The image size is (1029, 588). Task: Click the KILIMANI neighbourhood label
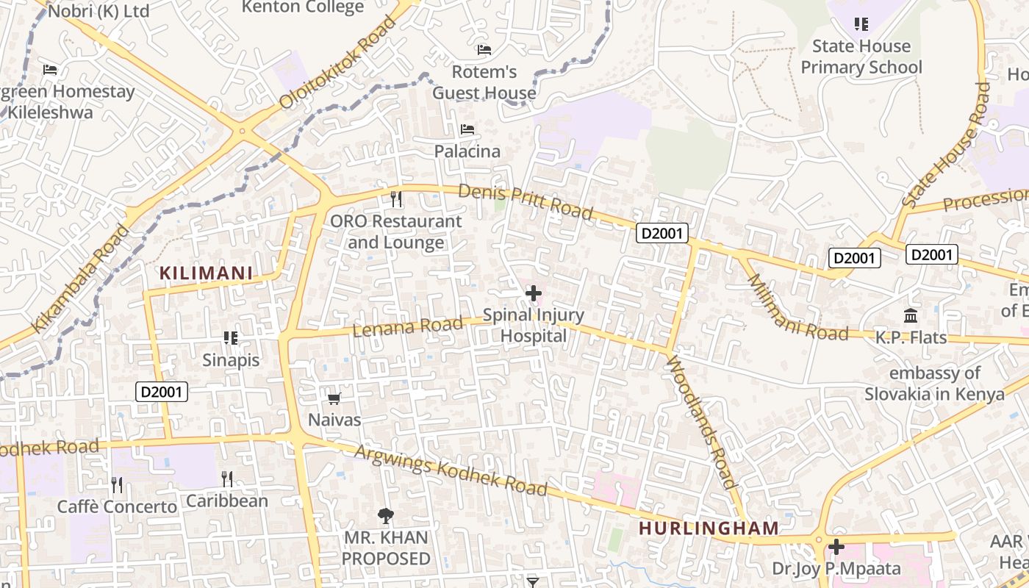[x=206, y=273]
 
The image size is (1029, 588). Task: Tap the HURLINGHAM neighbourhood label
[x=709, y=528]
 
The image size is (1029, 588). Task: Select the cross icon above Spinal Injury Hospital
[x=534, y=294]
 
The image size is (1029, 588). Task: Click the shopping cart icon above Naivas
[x=334, y=398]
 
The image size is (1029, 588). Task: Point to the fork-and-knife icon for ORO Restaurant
[x=396, y=199]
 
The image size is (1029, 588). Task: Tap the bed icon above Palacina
[x=467, y=129]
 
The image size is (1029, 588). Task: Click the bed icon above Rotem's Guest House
[x=484, y=50]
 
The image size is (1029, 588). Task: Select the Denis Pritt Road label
[x=525, y=201]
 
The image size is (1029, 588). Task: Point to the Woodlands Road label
[x=700, y=422]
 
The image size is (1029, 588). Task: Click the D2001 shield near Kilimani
[x=162, y=392]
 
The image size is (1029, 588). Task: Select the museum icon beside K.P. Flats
[x=911, y=316]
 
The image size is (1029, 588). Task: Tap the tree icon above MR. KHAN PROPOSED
[x=385, y=516]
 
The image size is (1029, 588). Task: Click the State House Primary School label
[x=861, y=57]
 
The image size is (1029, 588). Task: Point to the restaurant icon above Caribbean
[x=227, y=479]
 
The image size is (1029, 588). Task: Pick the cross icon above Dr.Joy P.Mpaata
[x=836, y=548]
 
